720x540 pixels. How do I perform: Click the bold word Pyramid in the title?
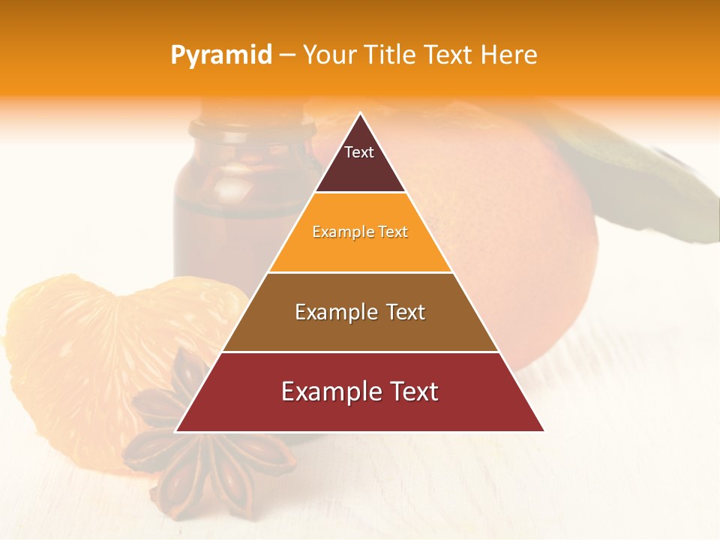[x=220, y=55]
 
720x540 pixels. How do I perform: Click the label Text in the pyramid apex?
[x=359, y=152]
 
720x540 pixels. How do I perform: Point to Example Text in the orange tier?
[x=360, y=232]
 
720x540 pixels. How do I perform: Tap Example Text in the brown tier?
[x=360, y=312]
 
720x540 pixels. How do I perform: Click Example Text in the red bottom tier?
[x=360, y=391]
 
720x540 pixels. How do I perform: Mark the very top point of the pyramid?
[x=360, y=114]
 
